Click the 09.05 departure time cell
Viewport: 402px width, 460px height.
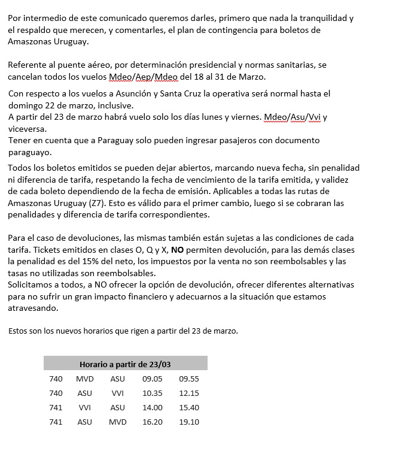click(152, 379)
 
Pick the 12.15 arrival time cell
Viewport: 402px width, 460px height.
click(188, 393)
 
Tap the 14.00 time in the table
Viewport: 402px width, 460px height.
click(152, 407)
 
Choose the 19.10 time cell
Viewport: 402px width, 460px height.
click(188, 422)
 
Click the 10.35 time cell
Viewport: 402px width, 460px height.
click(152, 393)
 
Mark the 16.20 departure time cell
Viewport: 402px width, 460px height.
click(152, 422)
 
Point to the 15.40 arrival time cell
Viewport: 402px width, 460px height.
click(188, 407)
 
